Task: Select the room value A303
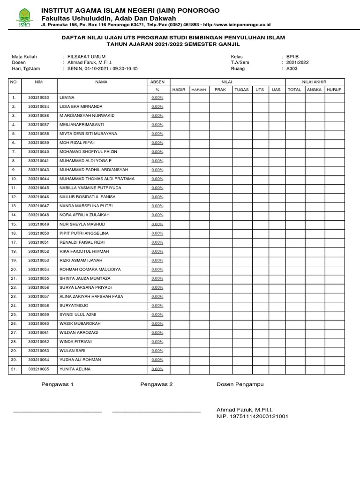pyautogui.click(x=292, y=68)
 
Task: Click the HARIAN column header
pyautogui.click(x=199, y=89)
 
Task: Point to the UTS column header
pyautogui.click(x=259, y=89)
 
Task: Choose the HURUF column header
pyautogui.click(x=334, y=89)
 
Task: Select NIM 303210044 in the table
pyautogui.click(x=38, y=179)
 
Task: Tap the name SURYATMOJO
pyautogui.click(x=74, y=306)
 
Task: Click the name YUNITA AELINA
pyautogui.click(x=75, y=369)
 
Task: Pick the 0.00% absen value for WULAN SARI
pyautogui.click(x=157, y=351)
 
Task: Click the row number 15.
pyautogui.click(x=14, y=224)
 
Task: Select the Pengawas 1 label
pyautogui.click(x=57, y=384)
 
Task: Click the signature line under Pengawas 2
pyautogui.click(x=157, y=412)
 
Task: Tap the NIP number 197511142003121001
pyautogui.click(x=252, y=416)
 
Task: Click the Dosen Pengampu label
pyautogui.click(x=240, y=384)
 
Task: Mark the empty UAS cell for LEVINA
pyautogui.click(x=276, y=97)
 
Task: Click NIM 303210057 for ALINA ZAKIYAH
pyautogui.click(x=38, y=297)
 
